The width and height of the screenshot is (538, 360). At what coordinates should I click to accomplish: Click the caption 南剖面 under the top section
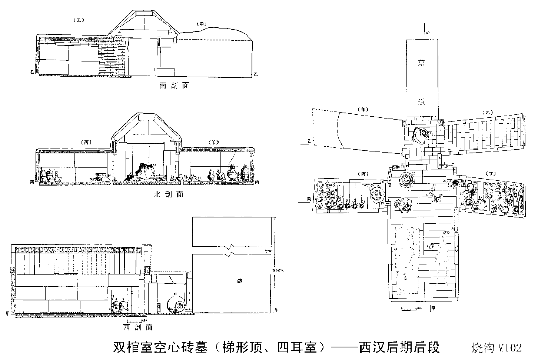[174, 86]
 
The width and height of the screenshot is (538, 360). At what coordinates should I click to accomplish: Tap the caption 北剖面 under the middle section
[168, 194]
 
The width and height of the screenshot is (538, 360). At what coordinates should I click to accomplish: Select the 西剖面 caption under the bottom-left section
[137, 327]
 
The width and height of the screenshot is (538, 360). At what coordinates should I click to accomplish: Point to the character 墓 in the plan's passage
[422, 64]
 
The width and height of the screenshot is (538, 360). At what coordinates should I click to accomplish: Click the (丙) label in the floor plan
[363, 173]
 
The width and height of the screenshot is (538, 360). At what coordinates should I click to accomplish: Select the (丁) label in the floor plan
[492, 173]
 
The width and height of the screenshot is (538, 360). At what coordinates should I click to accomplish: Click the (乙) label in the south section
[79, 20]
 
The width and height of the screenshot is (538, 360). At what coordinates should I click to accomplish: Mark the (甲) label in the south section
[201, 24]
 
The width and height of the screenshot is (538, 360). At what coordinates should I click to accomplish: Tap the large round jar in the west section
[177, 304]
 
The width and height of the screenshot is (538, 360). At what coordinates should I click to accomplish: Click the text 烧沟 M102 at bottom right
[497, 348]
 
